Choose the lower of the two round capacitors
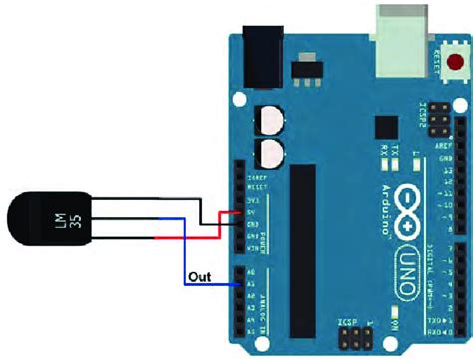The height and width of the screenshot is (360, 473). [x=271, y=153]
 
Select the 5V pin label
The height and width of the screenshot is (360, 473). [x=253, y=212]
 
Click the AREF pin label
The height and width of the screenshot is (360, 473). [x=443, y=145]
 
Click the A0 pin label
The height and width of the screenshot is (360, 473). [x=253, y=273]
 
